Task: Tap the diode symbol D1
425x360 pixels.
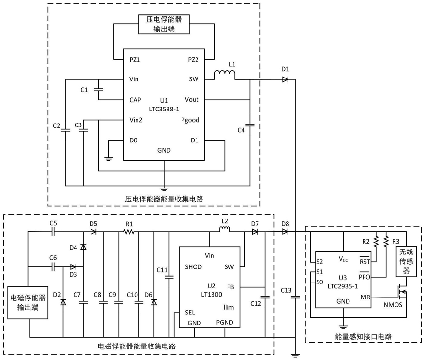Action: tap(285, 79)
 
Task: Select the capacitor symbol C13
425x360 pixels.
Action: tap(295, 297)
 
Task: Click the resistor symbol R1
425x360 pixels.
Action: tap(129, 232)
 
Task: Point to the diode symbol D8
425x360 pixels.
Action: tap(285, 232)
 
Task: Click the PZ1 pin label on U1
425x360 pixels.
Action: tap(135, 60)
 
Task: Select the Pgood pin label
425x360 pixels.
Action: tap(190, 120)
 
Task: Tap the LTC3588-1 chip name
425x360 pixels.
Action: tap(164, 109)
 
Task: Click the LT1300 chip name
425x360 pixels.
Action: tap(212, 295)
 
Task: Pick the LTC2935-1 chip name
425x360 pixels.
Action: tap(343, 286)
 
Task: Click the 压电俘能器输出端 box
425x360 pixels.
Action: tap(164, 24)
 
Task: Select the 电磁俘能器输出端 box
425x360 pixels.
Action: tap(28, 302)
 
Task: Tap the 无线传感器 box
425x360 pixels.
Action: tap(406, 261)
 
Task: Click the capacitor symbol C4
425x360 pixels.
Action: tap(250, 125)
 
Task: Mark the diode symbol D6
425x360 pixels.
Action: tap(154, 302)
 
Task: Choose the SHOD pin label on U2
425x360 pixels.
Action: tap(193, 267)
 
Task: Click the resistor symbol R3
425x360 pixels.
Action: tap(386, 241)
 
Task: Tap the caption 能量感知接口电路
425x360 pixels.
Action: tap(364, 337)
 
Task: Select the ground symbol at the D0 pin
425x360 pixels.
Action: tap(108, 159)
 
